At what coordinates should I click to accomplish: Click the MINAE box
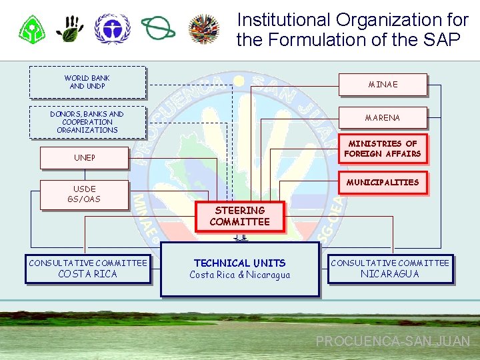point(383,85)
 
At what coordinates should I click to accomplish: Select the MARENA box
point(383,118)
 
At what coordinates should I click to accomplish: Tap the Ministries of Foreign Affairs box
point(383,149)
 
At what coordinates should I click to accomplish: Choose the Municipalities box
point(383,183)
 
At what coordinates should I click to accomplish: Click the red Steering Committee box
point(240,217)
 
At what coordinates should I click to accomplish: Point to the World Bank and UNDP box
point(87,82)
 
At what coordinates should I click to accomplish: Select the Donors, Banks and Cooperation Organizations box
point(87,122)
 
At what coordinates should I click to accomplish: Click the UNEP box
point(84,158)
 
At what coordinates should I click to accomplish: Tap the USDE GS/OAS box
point(84,195)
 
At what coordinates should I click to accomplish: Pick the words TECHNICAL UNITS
point(240,263)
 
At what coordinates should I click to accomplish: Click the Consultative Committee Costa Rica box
point(87,269)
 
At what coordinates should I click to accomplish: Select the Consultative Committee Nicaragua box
point(390,269)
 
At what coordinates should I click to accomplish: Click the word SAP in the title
point(440,40)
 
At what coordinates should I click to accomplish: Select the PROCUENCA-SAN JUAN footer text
point(393,341)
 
